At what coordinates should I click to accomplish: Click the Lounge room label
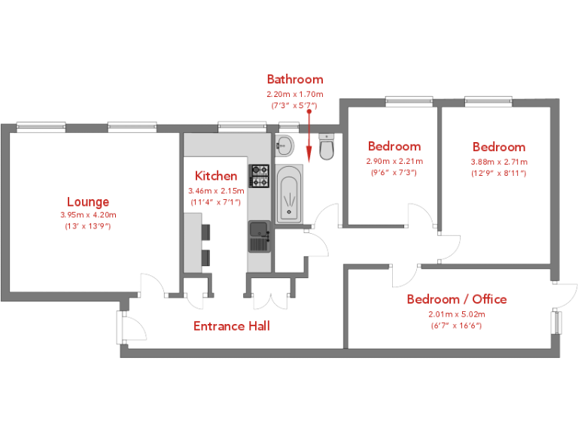coord(88,201)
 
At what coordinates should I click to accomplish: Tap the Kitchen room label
coord(216,176)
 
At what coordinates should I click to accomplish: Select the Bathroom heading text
coord(295,79)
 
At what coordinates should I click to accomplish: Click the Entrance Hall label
coord(232,326)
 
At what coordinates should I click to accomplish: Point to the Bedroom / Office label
coord(457,299)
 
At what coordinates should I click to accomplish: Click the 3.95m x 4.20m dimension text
coord(88,215)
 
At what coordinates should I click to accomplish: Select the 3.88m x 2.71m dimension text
coord(499,162)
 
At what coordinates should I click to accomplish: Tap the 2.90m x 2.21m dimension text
coord(394,161)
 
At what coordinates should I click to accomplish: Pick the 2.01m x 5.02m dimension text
coord(457,314)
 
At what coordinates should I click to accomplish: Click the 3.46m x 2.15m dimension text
coord(216,191)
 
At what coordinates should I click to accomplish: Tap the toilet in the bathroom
coord(326,148)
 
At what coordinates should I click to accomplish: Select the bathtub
coord(289,195)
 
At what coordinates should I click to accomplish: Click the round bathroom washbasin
coord(284,143)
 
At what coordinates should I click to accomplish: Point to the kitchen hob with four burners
coord(260,177)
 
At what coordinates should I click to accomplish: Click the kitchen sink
coord(260,236)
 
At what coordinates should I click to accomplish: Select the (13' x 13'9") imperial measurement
coord(88,226)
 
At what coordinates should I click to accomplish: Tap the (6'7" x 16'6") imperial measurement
coord(457,326)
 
